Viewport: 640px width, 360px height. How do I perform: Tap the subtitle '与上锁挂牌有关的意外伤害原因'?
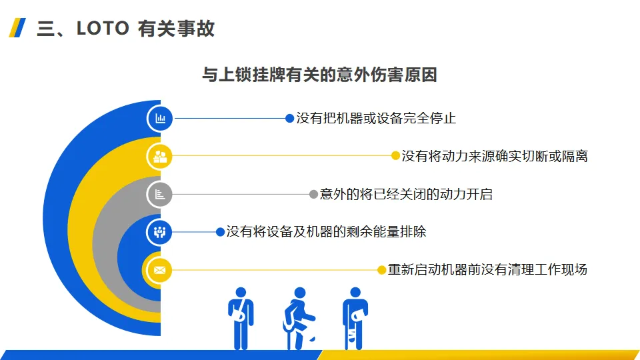(x=319, y=75)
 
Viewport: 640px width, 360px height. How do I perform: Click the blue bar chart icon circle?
(x=160, y=119)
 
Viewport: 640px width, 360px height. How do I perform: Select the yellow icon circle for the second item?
(x=160, y=157)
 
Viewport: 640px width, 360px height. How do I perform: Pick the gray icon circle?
(x=160, y=195)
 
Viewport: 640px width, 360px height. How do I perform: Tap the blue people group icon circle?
(x=160, y=232)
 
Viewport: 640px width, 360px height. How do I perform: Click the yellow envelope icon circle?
(x=160, y=270)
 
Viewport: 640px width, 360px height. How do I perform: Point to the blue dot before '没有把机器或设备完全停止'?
(x=289, y=119)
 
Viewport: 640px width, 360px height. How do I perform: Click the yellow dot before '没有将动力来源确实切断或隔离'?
(x=395, y=156)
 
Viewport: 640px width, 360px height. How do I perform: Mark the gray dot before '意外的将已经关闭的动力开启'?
(x=313, y=195)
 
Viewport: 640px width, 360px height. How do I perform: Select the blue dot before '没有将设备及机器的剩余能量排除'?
(x=220, y=232)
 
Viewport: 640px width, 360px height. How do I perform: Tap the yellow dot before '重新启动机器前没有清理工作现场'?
(x=381, y=270)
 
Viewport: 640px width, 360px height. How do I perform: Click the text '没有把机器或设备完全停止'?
(x=376, y=119)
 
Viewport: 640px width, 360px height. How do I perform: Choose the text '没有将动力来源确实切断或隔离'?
(x=494, y=156)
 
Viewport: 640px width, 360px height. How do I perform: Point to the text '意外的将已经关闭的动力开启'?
(x=406, y=195)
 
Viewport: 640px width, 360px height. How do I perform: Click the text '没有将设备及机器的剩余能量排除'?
(x=326, y=232)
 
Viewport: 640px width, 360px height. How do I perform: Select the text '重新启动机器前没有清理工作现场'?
(x=487, y=270)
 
